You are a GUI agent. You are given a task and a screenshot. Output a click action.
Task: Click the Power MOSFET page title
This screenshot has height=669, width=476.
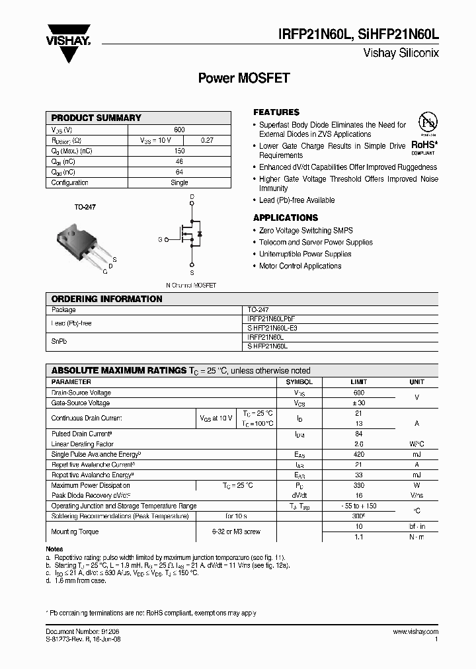(244, 78)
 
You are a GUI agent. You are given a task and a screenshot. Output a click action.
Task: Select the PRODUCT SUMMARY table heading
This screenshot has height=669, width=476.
(97, 118)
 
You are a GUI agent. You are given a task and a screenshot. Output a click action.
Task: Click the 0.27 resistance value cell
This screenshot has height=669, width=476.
(207, 140)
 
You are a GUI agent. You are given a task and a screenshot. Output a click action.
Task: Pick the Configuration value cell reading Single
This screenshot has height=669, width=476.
(179, 182)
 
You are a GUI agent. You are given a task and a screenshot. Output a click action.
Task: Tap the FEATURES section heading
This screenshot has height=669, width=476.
(276, 112)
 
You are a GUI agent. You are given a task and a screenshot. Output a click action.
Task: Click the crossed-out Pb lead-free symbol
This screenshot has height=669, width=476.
(428, 123)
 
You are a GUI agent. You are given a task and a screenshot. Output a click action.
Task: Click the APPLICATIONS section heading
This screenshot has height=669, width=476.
(286, 217)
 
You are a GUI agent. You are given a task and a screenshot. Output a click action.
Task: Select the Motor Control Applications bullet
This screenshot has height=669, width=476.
(300, 266)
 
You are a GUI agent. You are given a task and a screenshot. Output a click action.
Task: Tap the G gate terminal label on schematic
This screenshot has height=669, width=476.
(159, 239)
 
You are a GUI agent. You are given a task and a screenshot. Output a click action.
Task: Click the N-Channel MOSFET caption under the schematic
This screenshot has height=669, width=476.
(190, 285)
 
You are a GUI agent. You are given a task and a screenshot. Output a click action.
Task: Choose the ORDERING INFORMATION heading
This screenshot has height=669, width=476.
(106, 299)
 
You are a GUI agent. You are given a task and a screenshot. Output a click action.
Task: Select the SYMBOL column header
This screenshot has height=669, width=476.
(299, 382)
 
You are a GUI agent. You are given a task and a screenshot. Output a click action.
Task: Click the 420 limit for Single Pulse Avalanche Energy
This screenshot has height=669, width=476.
(359, 454)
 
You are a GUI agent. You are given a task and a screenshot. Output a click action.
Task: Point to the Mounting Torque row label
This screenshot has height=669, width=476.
(75, 531)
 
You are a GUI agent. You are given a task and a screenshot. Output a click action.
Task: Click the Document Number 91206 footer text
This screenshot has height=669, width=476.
(83, 633)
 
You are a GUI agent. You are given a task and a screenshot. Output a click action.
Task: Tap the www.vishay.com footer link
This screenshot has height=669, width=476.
(415, 633)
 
